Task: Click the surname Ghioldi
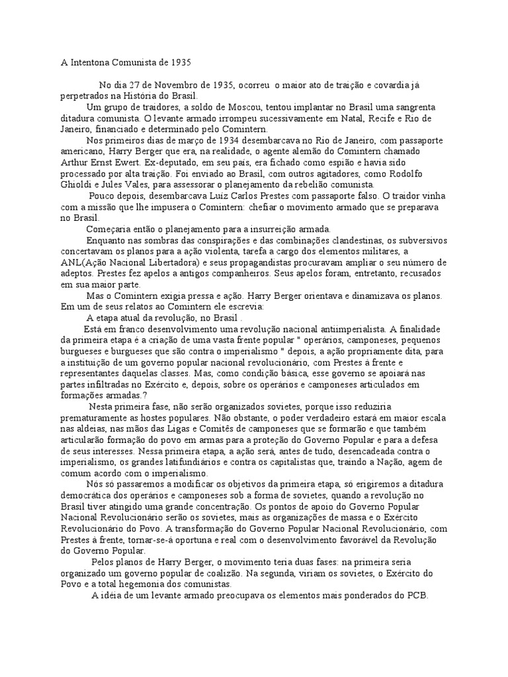pos(78,184)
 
